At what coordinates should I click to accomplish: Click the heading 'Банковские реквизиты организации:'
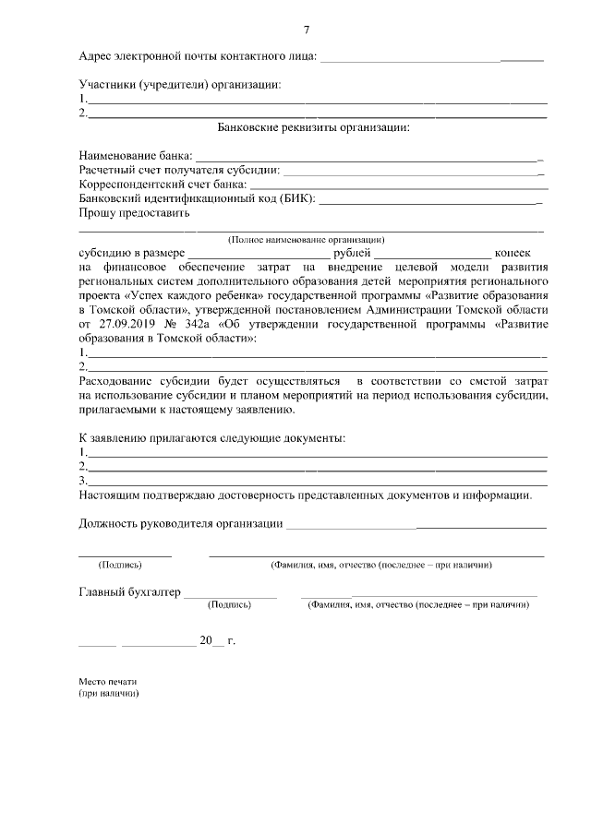(313, 126)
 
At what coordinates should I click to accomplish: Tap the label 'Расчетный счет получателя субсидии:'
(179, 171)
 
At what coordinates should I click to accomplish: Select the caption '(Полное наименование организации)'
(306, 238)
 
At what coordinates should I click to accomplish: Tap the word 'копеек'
(513, 253)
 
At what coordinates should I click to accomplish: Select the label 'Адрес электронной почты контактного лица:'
(198, 56)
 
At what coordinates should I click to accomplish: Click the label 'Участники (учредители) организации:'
(179, 85)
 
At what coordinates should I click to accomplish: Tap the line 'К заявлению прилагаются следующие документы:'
(212, 437)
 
